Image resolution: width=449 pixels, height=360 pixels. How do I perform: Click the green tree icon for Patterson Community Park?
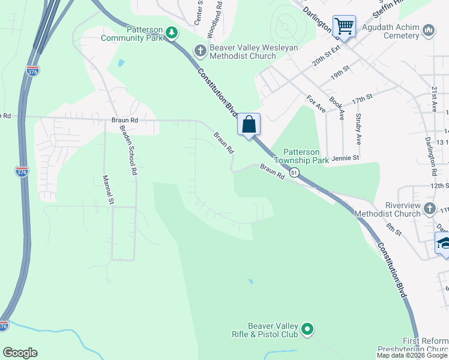point(172,32)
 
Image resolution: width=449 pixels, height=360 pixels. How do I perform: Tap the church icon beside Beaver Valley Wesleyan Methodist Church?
point(199,52)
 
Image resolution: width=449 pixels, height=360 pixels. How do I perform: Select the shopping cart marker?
point(344,26)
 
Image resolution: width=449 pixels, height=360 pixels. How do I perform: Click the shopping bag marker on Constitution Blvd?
point(249,125)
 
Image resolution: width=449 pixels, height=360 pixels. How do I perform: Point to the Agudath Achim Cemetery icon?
point(428,30)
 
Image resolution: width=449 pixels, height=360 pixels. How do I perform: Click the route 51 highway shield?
point(294,172)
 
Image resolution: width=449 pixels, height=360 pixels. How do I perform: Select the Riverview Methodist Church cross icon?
point(429,208)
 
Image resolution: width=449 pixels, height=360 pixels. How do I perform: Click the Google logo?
point(20,353)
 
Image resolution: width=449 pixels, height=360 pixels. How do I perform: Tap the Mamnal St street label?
point(108,190)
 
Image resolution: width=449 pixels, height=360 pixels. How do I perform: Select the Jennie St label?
point(345,158)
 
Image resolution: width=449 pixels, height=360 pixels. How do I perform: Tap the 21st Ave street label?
point(435,98)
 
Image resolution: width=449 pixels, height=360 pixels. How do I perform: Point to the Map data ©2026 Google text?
point(412,355)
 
